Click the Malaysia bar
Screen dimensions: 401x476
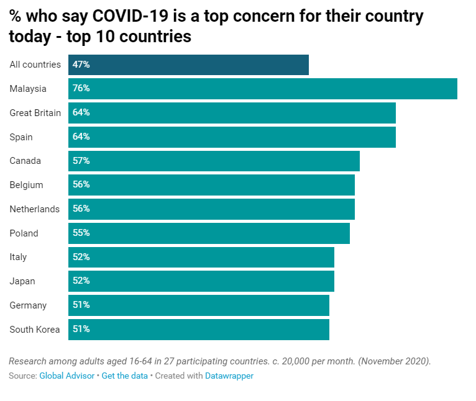(263, 89)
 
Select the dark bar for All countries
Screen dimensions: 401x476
(188, 65)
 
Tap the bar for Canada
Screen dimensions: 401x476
(214, 161)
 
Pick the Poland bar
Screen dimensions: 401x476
(209, 233)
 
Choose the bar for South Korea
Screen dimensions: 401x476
(199, 330)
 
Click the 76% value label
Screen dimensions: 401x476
(81, 89)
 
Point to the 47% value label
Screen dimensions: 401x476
(81, 65)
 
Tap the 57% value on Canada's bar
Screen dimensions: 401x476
(81, 161)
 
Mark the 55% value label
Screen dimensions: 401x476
(81, 233)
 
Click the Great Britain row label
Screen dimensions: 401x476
(35, 113)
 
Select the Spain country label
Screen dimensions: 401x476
(21, 137)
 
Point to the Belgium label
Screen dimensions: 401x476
(26, 185)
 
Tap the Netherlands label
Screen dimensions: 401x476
(35, 209)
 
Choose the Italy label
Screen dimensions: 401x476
(18, 257)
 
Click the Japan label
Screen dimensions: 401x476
(22, 281)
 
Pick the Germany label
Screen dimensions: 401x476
(28, 305)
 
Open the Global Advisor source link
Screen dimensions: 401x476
(67, 376)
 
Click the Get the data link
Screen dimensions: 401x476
(125, 376)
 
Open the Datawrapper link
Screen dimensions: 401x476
(229, 376)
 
